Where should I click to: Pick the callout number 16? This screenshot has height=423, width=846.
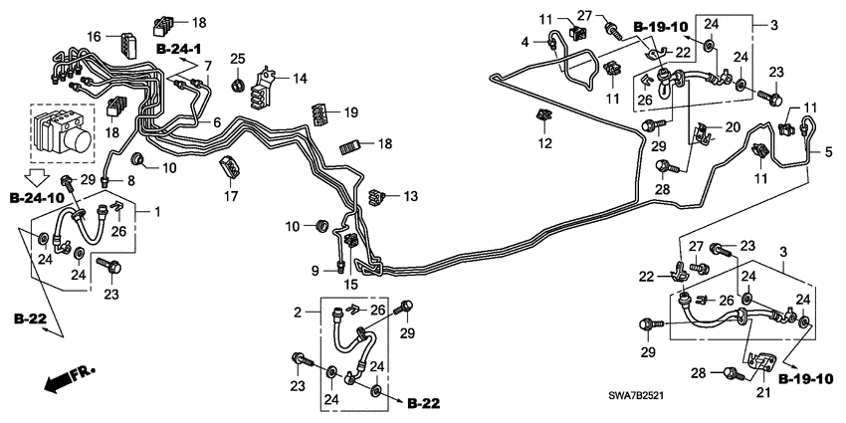coord(94,36)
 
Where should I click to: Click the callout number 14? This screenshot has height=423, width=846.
coord(300,77)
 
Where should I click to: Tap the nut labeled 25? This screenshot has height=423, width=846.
coord(237,84)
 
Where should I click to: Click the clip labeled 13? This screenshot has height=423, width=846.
coord(377,196)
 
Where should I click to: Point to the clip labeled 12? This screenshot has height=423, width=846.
coord(542,117)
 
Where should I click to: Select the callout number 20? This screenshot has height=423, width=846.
coord(732,126)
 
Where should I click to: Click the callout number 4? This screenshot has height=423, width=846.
coord(524,41)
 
